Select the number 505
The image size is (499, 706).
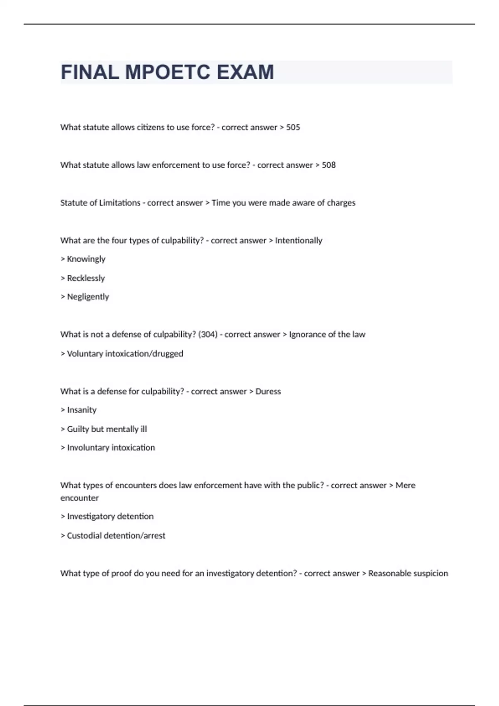click(x=293, y=127)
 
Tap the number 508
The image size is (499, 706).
click(x=329, y=165)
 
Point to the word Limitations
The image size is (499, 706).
click(x=120, y=203)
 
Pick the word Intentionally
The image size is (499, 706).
click(x=299, y=241)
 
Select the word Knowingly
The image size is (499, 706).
click(x=86, y=259)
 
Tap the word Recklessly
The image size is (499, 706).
click(x=86, y=278)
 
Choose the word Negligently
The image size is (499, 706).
click(x=88, y=297)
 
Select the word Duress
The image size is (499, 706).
click(x=268, y=392)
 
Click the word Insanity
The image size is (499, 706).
click(x=82, y=410)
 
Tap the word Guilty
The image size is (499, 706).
click(x=78, y=429)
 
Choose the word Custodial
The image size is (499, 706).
click(x=84, y=536)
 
